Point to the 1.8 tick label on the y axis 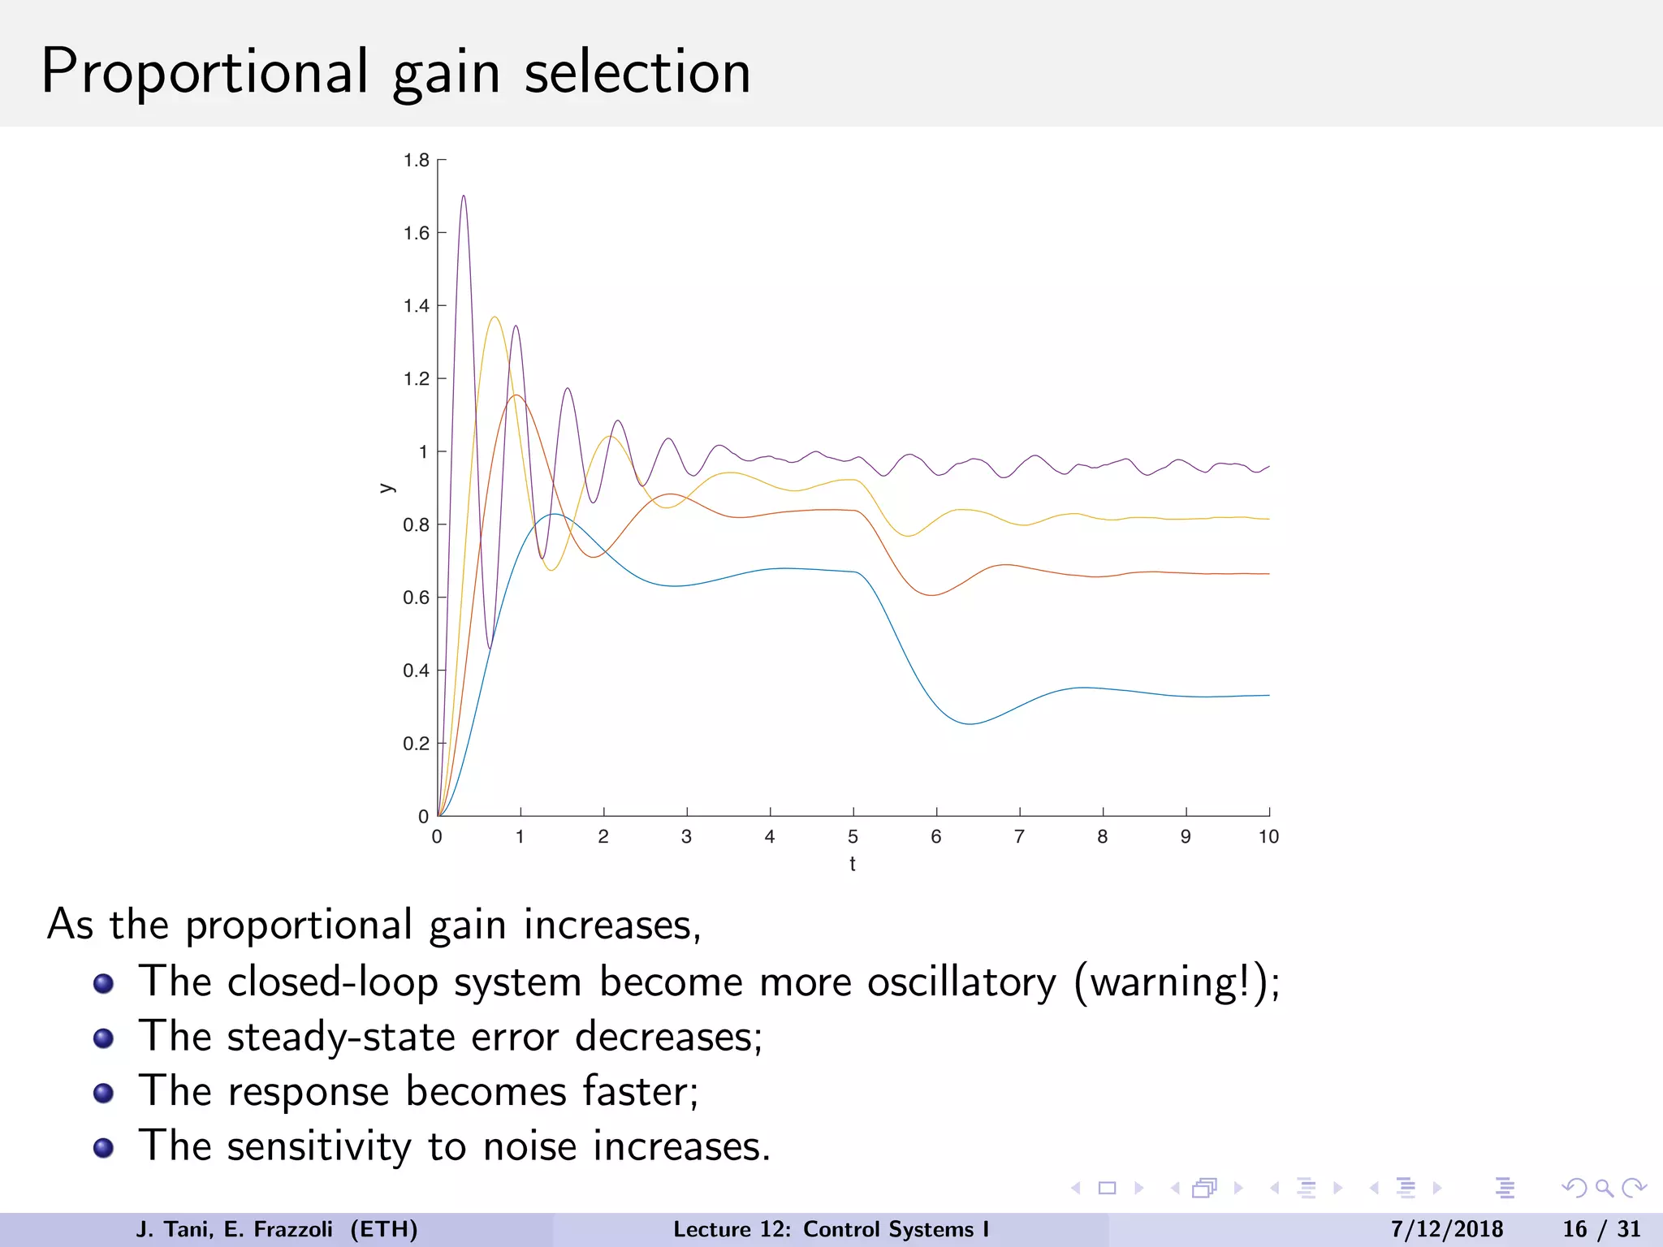pos(417,161)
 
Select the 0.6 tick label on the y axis pos(417,598)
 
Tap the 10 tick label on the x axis pos(1268,837)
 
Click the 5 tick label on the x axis pos(853,837)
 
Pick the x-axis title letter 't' pos(853,864)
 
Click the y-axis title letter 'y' pos(387,488)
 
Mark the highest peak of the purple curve pos(463,196)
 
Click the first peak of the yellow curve pos(495,317)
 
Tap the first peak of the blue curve pos(554,514)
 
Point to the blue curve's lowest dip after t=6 pos(970,723)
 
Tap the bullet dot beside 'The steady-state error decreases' pos(103,1038)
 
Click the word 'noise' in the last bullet pos(531,1146)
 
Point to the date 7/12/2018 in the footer pos(1446,1229)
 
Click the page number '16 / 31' pos(1601,1229)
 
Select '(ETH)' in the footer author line pos(384,1229)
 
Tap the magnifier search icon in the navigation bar pos(1604,1189)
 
